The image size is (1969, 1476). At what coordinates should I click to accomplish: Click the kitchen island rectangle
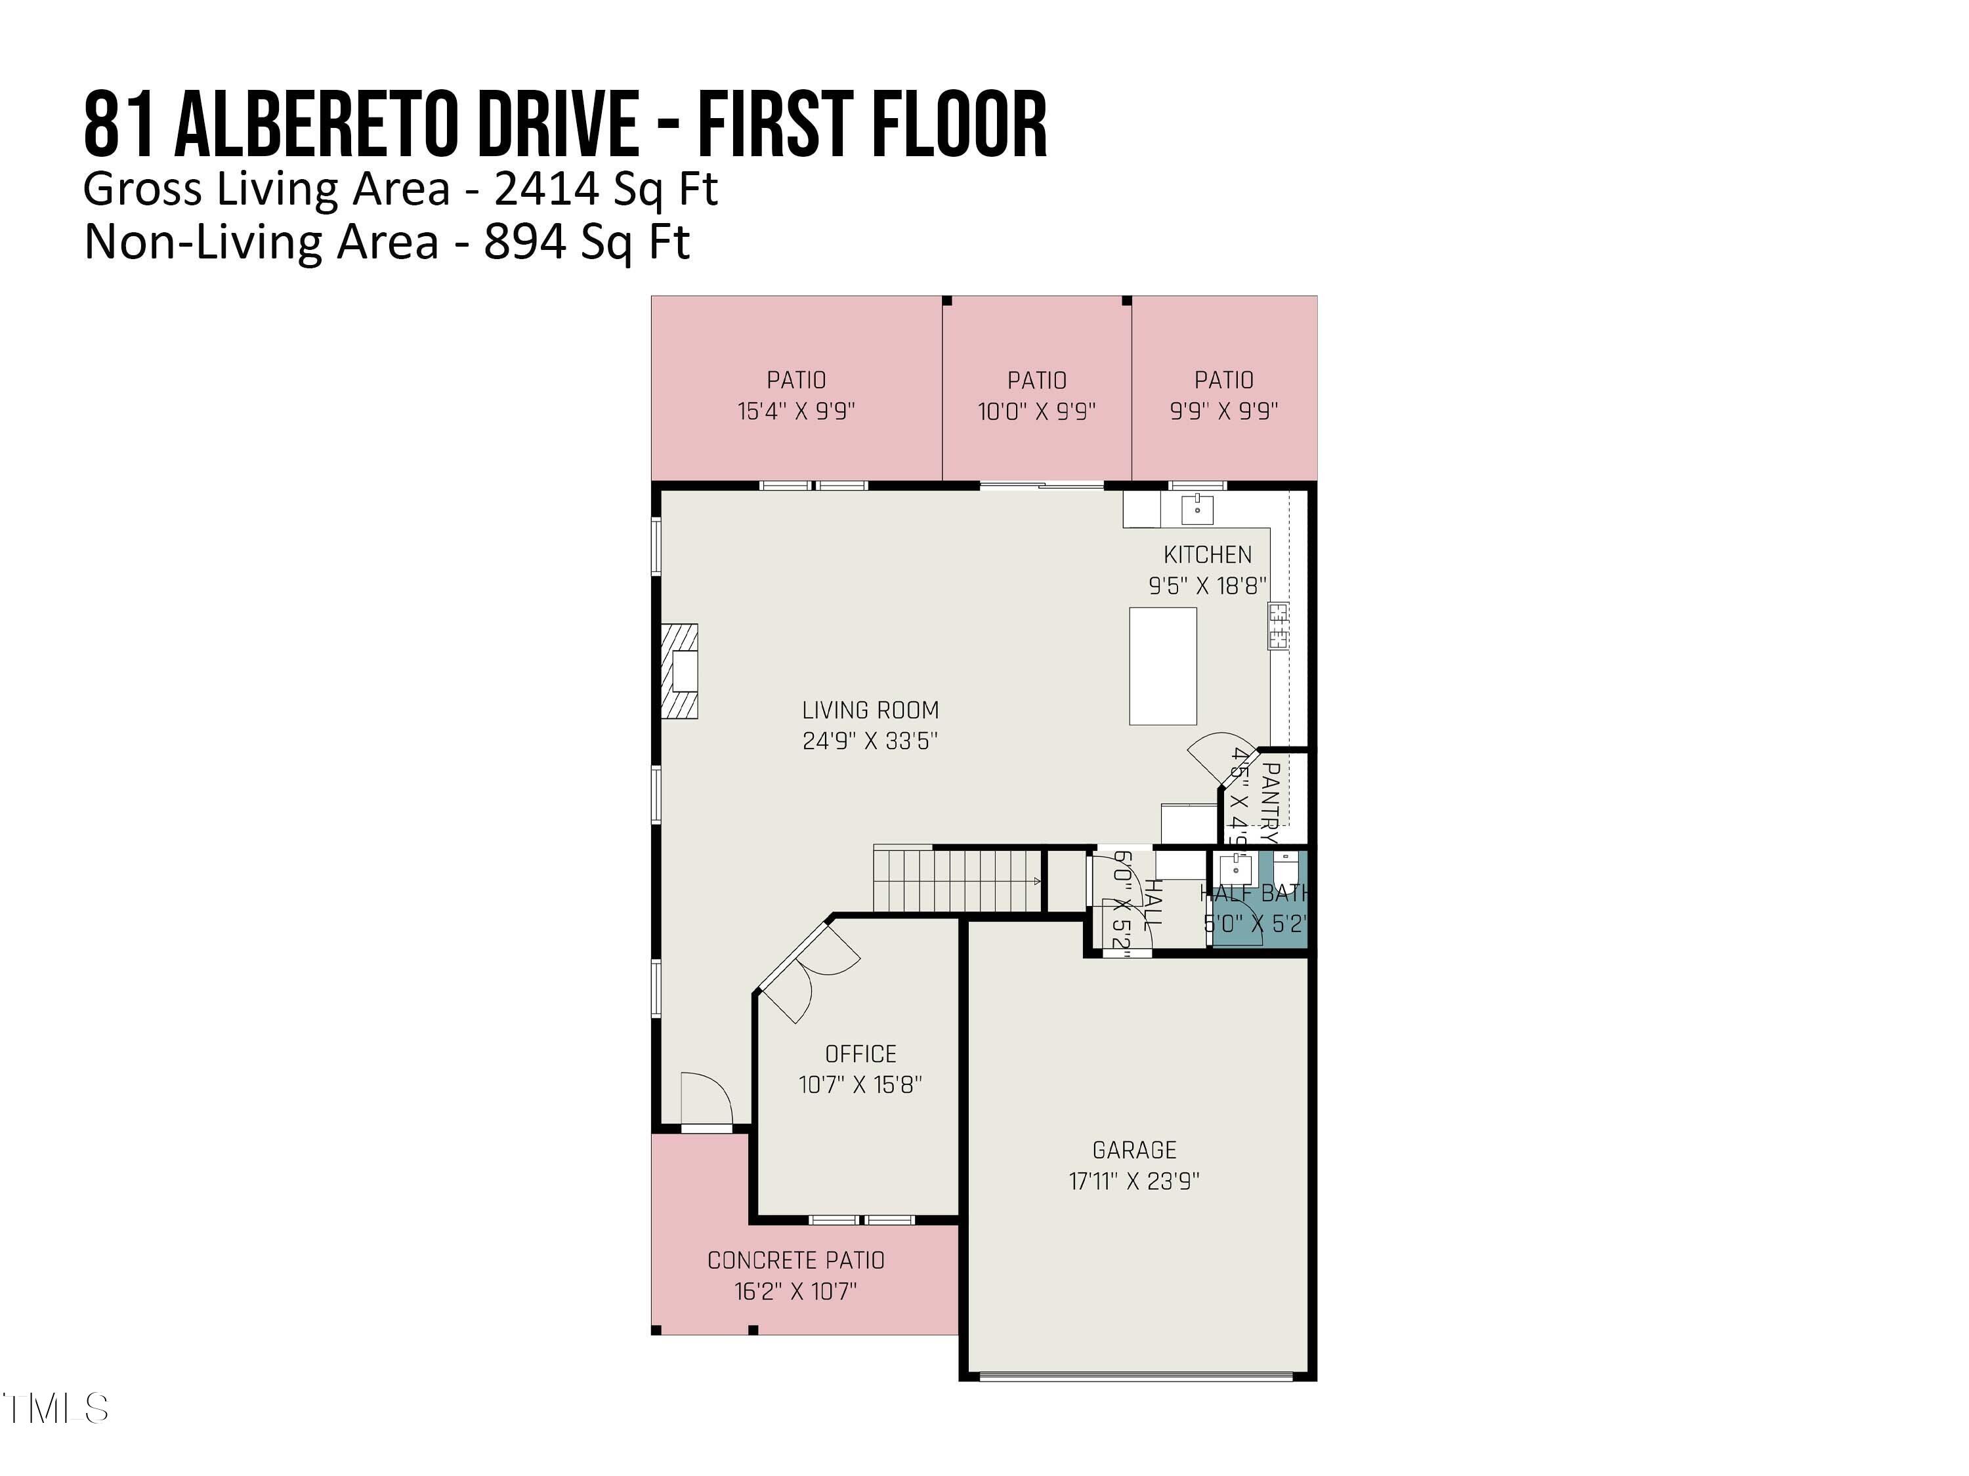point(1162,665)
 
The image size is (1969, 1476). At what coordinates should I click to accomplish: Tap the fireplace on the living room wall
point(680,671)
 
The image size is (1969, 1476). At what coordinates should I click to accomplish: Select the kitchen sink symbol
point(1197,510)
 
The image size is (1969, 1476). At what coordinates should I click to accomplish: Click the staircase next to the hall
point(957,880)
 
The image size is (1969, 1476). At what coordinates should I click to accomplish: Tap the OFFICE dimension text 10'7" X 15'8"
point(860,1084)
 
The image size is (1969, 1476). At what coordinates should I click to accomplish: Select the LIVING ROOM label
point(870,710)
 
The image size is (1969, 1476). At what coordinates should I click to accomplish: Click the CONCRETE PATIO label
point(795,1260)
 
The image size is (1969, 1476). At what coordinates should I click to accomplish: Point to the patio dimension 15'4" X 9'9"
point(795,411)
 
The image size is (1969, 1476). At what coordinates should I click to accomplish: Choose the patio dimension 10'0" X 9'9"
point(1036,411)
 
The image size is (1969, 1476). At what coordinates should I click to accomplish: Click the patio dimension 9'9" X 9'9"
point(1224,411)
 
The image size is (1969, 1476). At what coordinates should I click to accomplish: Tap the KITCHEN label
point(1207,554)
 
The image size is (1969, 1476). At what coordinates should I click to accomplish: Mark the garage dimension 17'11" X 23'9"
point(1134,1181)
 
